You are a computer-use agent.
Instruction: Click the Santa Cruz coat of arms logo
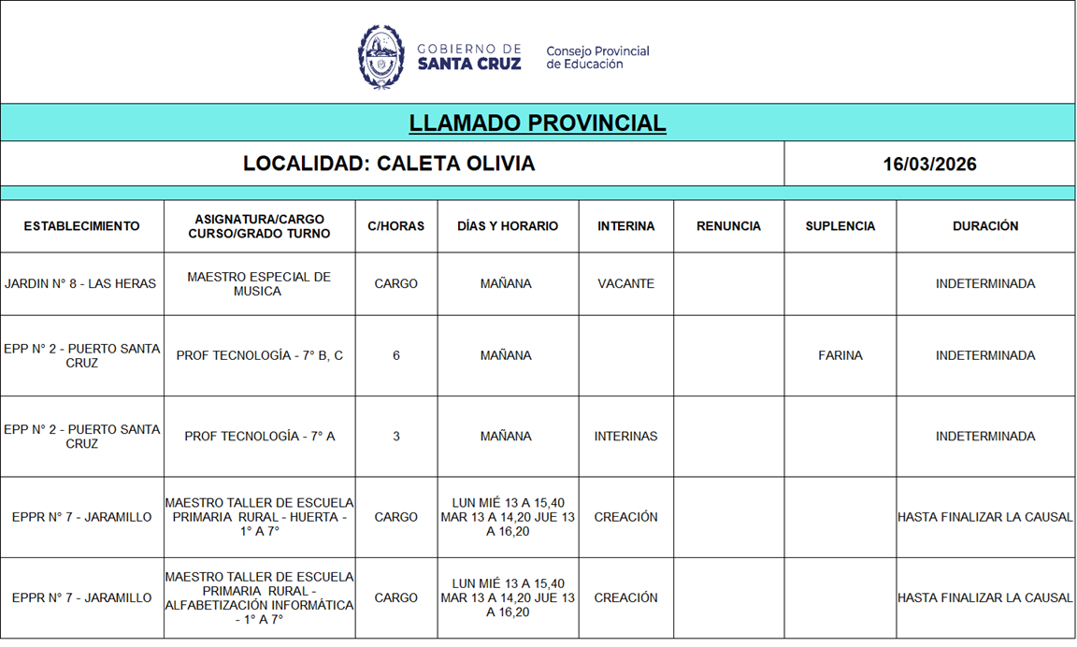click(x=381, y=57)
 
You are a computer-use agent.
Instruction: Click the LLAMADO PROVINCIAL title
click(x=538, y=123)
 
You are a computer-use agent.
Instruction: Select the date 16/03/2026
click(x=929, y=165)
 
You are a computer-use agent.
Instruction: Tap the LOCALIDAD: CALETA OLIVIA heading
click(x=389, y=164)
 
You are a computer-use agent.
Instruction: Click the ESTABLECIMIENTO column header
click(x=82, y=226)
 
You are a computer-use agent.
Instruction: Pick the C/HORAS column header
click(x=396, y=226)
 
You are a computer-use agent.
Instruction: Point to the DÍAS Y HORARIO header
click(x=508, y=226)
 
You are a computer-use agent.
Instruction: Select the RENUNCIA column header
click(x=728, y=226)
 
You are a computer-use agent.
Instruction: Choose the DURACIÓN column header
click(x=985, y=226)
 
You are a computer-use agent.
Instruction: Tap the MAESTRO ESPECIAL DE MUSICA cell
click(x=259, y=284)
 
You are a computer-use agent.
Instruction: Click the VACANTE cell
click(x=625, y=284)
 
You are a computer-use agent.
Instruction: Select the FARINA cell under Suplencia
click(x=840, y=355)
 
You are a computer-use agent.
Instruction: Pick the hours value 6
click(x=396, y=355)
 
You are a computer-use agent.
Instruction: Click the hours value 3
click(x=396, y=437)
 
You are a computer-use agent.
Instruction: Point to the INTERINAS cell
click(x=625, y=437)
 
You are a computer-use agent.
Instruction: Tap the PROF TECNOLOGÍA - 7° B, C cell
click(x=259, y=355)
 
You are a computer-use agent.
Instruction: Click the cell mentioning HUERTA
click(x=259, y=517)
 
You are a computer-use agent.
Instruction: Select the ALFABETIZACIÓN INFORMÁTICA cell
click(x=259, y=598)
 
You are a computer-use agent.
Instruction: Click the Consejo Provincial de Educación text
click(x=597, y=57)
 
